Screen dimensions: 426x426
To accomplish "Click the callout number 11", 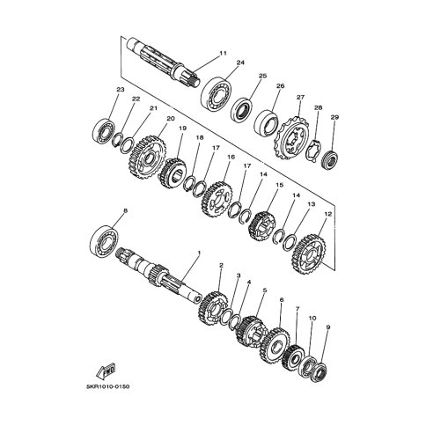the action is point(224,53).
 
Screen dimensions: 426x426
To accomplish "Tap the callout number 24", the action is point(240,62).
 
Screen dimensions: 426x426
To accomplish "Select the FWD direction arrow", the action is point(106,371).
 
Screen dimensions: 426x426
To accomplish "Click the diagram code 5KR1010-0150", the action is point(107,386).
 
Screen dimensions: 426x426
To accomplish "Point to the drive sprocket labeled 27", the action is point(291,138).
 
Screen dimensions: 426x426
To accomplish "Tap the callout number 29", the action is point(334,117).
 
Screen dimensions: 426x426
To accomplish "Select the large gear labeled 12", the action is point(309,254).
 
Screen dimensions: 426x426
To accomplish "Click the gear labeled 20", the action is point(148,158).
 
